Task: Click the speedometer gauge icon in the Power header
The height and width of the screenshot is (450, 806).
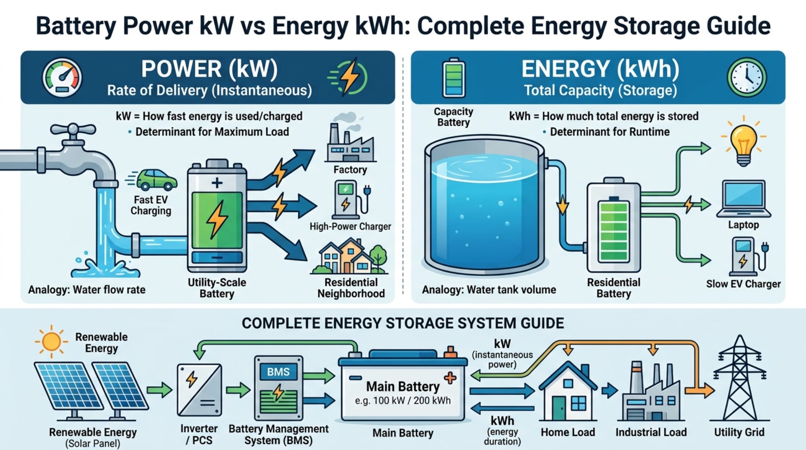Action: coord(62,77)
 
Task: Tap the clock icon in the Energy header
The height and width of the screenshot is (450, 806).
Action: coord(747,77)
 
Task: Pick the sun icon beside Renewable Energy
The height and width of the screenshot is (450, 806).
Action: coord(51,341)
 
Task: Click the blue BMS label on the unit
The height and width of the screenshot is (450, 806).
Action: coord(278,371)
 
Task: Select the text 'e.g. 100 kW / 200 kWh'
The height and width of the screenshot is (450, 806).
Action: coord(403,401)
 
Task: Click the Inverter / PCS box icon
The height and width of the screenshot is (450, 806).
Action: coord(199,390)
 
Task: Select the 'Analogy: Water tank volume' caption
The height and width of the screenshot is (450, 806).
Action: coord(489,290)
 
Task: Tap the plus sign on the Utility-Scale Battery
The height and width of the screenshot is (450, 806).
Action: coord(217,183)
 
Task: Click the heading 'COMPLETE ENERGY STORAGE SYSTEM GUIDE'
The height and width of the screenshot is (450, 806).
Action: coord(403,323)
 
